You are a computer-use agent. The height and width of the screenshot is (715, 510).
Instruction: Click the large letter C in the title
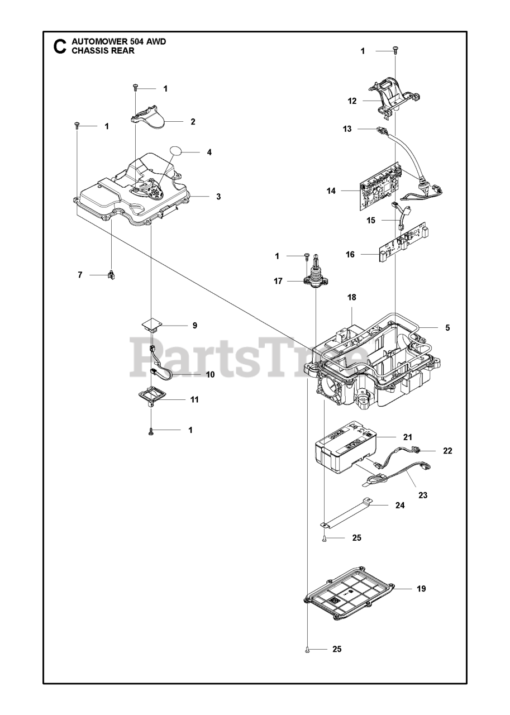(59, 46)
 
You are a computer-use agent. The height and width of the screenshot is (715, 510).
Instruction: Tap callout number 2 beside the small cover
(192, 121)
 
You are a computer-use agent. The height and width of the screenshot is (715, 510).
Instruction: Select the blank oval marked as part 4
(177, 151)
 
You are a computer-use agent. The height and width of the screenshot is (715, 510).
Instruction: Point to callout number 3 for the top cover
(218, 197)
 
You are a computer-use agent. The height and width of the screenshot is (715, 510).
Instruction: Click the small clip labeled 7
(111, 275)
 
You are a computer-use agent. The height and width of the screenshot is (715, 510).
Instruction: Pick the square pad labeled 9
(151, 324)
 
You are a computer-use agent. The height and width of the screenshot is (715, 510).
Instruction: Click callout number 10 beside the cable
(210, 374)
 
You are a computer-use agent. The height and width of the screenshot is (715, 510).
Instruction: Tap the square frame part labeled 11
(152, 397)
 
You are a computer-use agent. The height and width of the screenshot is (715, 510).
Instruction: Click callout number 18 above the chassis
(351, 298)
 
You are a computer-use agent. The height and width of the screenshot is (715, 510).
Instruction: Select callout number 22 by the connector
(447, 451)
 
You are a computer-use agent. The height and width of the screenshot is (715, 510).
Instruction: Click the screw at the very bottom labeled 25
(307, 649)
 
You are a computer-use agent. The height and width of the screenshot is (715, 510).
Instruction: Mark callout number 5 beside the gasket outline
(447, 328)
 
